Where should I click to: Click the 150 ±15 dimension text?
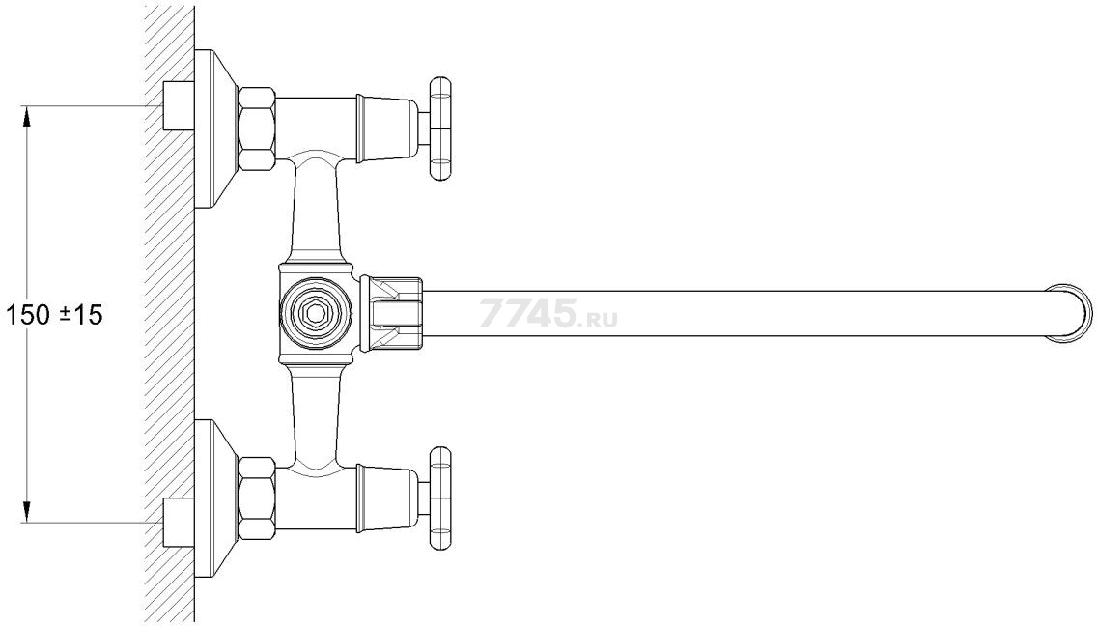click(54, 314)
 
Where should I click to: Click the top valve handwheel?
click(439, 129)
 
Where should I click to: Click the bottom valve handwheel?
click(439, 499)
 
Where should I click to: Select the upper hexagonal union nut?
click(257, 128)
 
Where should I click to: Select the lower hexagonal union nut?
click(257, 498)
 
